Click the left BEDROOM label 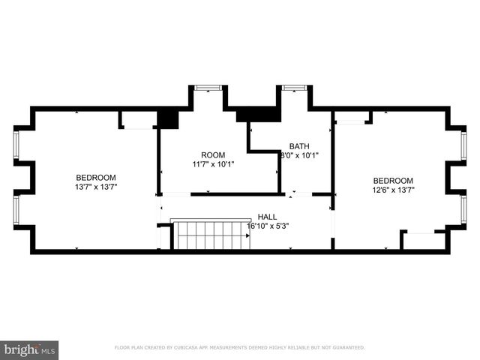point(95,178)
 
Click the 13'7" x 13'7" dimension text point(95,187)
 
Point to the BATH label point(299,147)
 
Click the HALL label point(267,216)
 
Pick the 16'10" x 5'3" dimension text point(267,225)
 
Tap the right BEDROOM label point(393,181)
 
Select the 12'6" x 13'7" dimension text point(393,190)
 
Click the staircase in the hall point(210,235)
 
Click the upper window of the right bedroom point(463,145)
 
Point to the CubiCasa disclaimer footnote point(239,348)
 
